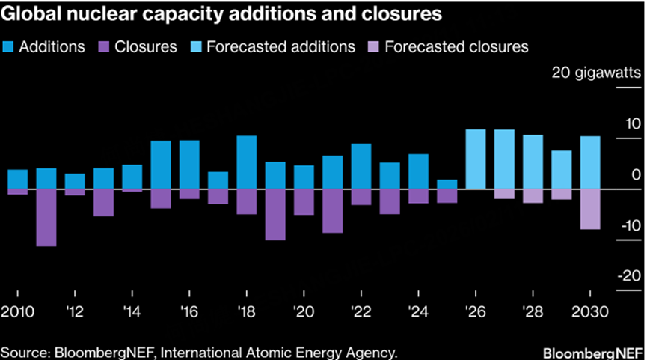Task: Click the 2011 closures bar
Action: tap(46, 218)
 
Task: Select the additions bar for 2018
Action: tap(247, 162)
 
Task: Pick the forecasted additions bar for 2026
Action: tap(476, 159)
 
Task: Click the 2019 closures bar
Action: tap(275, 215)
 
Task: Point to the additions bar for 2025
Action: tap(447, 185)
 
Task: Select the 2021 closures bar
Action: tap(333, 211)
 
